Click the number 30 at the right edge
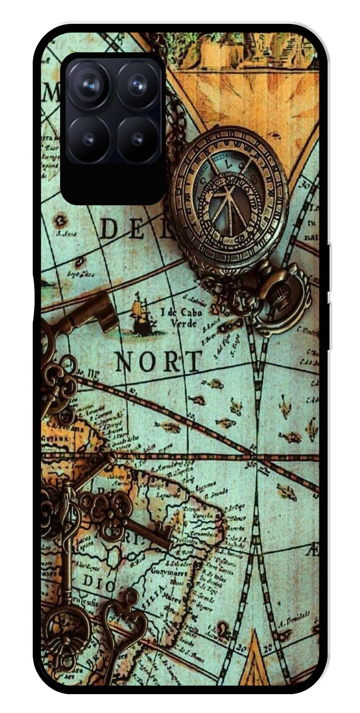click(x=305, y=185)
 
